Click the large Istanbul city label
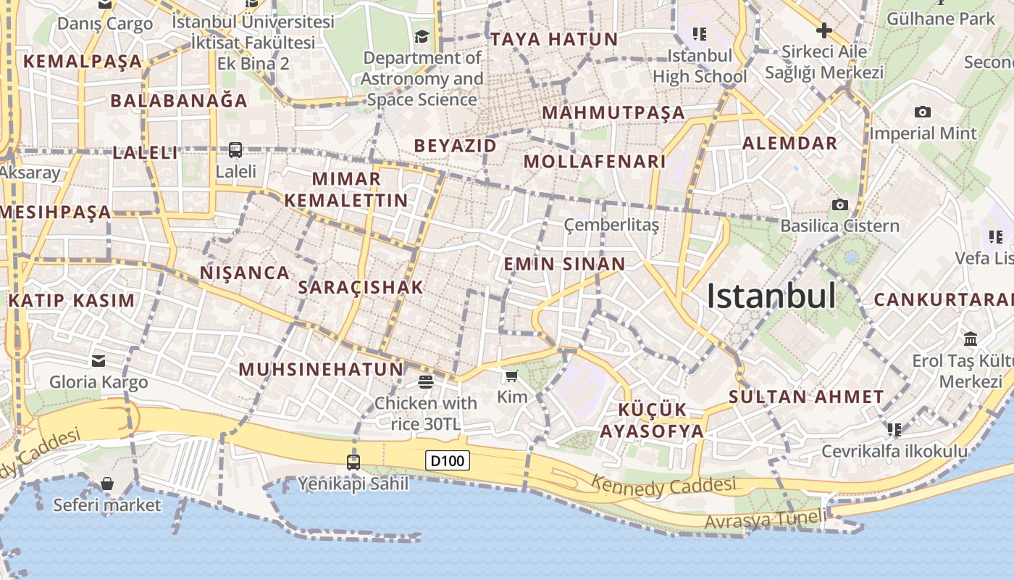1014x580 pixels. (771, 296)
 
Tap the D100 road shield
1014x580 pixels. (448, 460)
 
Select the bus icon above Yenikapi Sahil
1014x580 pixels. (353, 462)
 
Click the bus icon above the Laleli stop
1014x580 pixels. (235, 150)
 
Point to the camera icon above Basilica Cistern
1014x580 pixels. (840, 205)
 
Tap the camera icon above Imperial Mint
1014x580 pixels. (922, 112)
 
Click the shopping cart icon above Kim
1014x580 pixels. (512, 376)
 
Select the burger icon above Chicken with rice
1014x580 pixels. (425, 381)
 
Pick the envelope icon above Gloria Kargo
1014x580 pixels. (99, 360)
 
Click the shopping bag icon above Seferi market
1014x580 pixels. (107, 484)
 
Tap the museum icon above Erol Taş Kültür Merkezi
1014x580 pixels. (970, 339)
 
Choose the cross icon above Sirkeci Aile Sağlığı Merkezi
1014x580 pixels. (824, 30)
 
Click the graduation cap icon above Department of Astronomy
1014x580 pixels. (422, 36)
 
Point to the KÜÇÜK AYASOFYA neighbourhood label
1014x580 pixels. (652, 420)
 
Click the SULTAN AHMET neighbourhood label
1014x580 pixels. (806, 397)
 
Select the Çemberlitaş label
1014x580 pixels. (611, 225)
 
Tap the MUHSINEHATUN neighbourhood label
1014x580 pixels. (321, 369)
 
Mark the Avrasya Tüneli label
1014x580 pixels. (765, 520)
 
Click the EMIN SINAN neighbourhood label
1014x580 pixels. (564, 264)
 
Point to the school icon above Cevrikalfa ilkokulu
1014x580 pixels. (894, 430)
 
